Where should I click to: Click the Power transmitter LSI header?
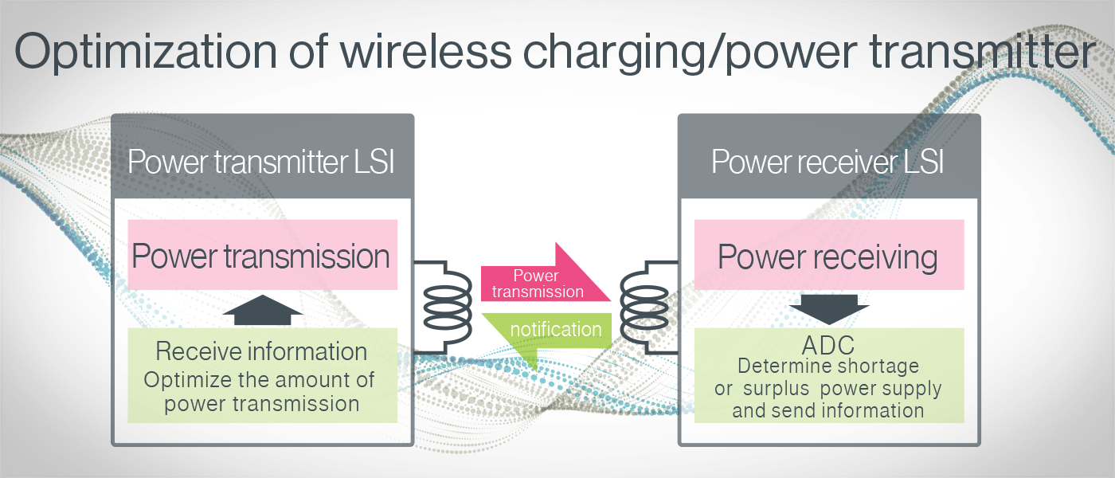pos(261,163)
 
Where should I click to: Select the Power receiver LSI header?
pos(827,163)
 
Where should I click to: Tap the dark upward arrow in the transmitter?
pos(262,309)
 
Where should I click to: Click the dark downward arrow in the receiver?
pos(829,309)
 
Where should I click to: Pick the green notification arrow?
pos(550,331)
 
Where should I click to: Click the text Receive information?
pos(261,351)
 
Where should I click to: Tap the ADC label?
pos(828,345)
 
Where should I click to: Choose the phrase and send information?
pos(828,410)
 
